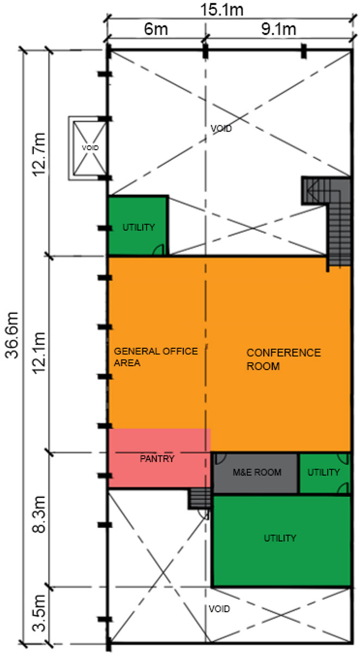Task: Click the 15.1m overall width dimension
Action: [222, 10]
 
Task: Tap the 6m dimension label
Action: [156, 29]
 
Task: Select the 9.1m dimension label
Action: [278, 29]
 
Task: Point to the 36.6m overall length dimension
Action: [12, 335]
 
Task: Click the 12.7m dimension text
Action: [39, 155]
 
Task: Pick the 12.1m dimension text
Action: [39, 353]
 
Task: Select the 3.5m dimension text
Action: [39, 613]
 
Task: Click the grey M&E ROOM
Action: [256, 473]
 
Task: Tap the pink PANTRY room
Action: [159, 458]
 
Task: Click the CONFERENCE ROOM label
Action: [284, 359]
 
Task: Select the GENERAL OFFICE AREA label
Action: [156, 357]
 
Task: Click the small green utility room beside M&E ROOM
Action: [324, 473]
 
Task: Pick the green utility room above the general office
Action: [138, 226]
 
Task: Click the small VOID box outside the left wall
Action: [87, 149]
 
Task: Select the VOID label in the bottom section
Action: [219, 609]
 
